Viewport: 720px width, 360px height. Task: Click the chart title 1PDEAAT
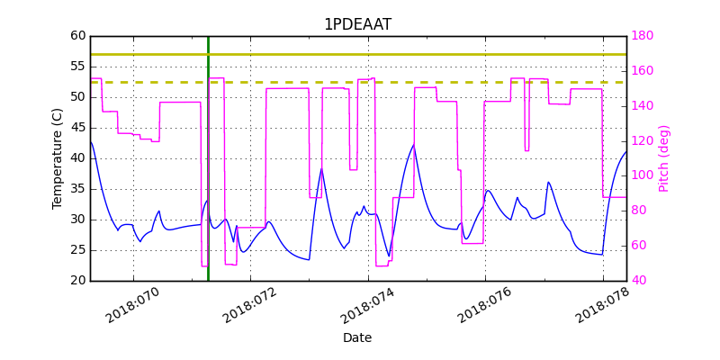click(x=357, y=24)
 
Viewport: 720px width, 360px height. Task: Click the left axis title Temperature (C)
click(x=58, y=158)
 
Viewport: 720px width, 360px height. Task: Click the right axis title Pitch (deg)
click(x=664, y=158)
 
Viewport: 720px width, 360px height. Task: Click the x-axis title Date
click(x=357, y=338)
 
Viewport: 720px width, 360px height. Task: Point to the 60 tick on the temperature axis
click(x=78, y=36)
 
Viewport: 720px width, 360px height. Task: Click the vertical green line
click(x=208, y=180)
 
